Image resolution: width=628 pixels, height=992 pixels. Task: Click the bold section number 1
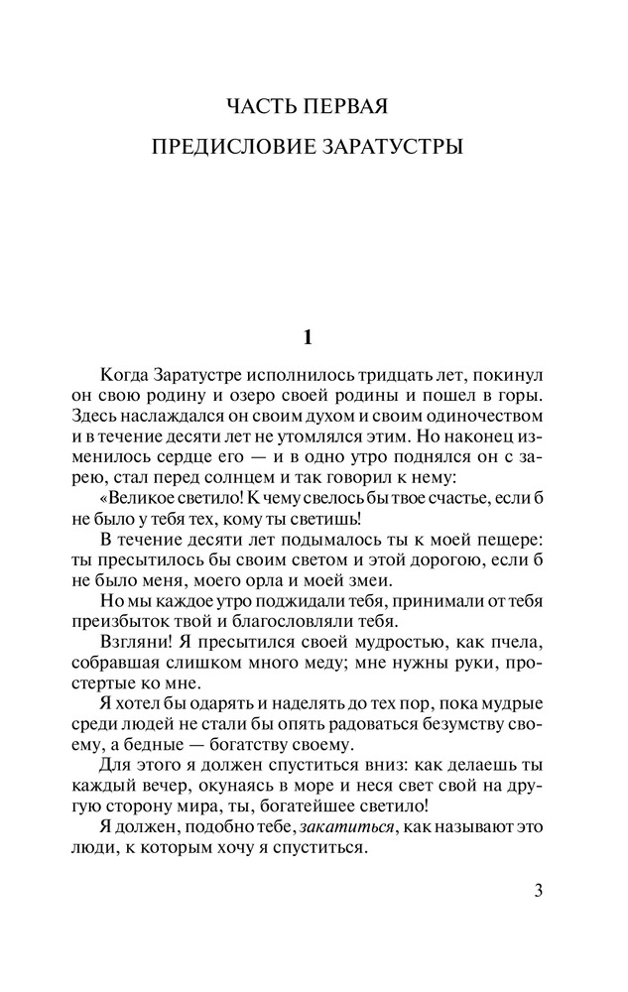tap(308, 337)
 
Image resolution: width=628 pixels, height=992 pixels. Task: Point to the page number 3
tap(538, 888)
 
